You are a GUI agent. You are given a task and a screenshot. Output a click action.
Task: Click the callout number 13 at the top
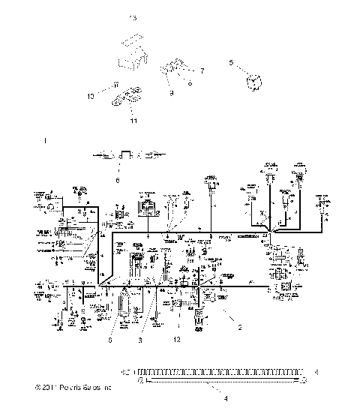[133, 16]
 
